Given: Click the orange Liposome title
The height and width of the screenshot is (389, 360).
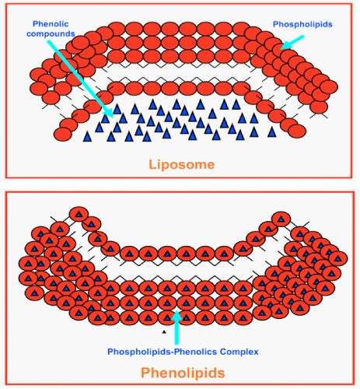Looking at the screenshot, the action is coord(182,165).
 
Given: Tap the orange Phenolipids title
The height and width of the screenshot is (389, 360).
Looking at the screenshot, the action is coord(183,373).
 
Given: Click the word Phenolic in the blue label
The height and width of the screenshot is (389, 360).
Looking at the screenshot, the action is coord(51,24).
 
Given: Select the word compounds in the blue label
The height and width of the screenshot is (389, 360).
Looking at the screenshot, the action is coord(51,33).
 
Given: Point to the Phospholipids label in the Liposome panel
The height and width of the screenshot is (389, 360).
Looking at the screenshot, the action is coord(302,24).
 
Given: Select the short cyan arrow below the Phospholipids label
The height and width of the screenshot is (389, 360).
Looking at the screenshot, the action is coord(292,43).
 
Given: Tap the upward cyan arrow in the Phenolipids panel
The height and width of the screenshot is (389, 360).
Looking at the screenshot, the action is coord(177,328).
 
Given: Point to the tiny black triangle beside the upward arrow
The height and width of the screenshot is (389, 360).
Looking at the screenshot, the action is coord(164,331).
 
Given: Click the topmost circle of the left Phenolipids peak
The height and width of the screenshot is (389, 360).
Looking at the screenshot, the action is coord(79,214).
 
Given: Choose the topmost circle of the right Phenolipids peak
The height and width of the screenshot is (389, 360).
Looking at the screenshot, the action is coord(281,219).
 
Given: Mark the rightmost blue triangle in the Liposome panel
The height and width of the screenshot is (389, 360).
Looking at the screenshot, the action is coord(272,131).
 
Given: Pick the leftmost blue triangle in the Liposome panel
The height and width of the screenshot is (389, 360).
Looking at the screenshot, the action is coord(87,137).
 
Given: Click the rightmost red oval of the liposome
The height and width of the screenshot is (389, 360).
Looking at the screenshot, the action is coord(329,87).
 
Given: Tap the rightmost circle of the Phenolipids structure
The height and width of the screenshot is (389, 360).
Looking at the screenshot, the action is coord(338,258).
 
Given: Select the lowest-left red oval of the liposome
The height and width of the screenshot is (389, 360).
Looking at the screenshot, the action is coord(62,135).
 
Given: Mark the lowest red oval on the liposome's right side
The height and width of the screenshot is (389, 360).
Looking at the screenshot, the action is coord(297,131).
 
